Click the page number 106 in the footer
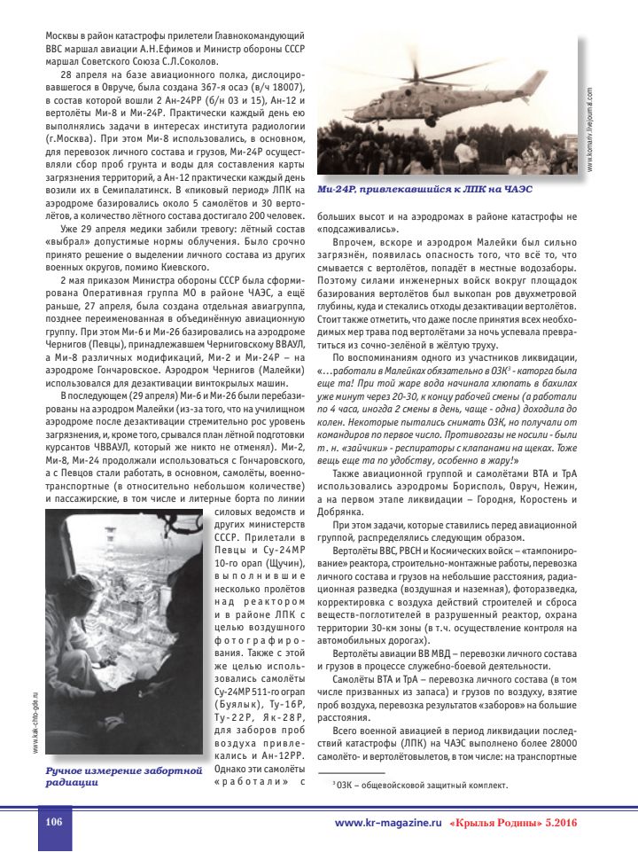click(53, 822)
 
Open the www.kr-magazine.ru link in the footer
click(387, 823)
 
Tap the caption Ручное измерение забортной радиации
click(124, 777)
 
